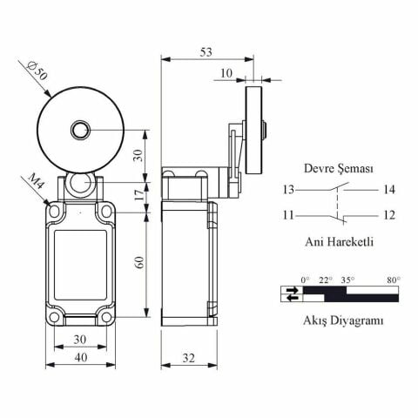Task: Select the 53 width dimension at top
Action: tap(206, 51)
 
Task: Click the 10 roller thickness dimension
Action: tap(226, 74)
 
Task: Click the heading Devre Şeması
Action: tap(338, 169)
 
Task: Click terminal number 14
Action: tap(388, 189)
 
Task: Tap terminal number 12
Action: tap(388, 214)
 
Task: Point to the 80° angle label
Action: tap(393, 280)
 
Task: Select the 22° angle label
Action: tap(326, 280)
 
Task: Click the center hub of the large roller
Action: tap(80, 131)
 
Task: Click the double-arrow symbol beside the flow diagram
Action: tap(289, 293)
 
